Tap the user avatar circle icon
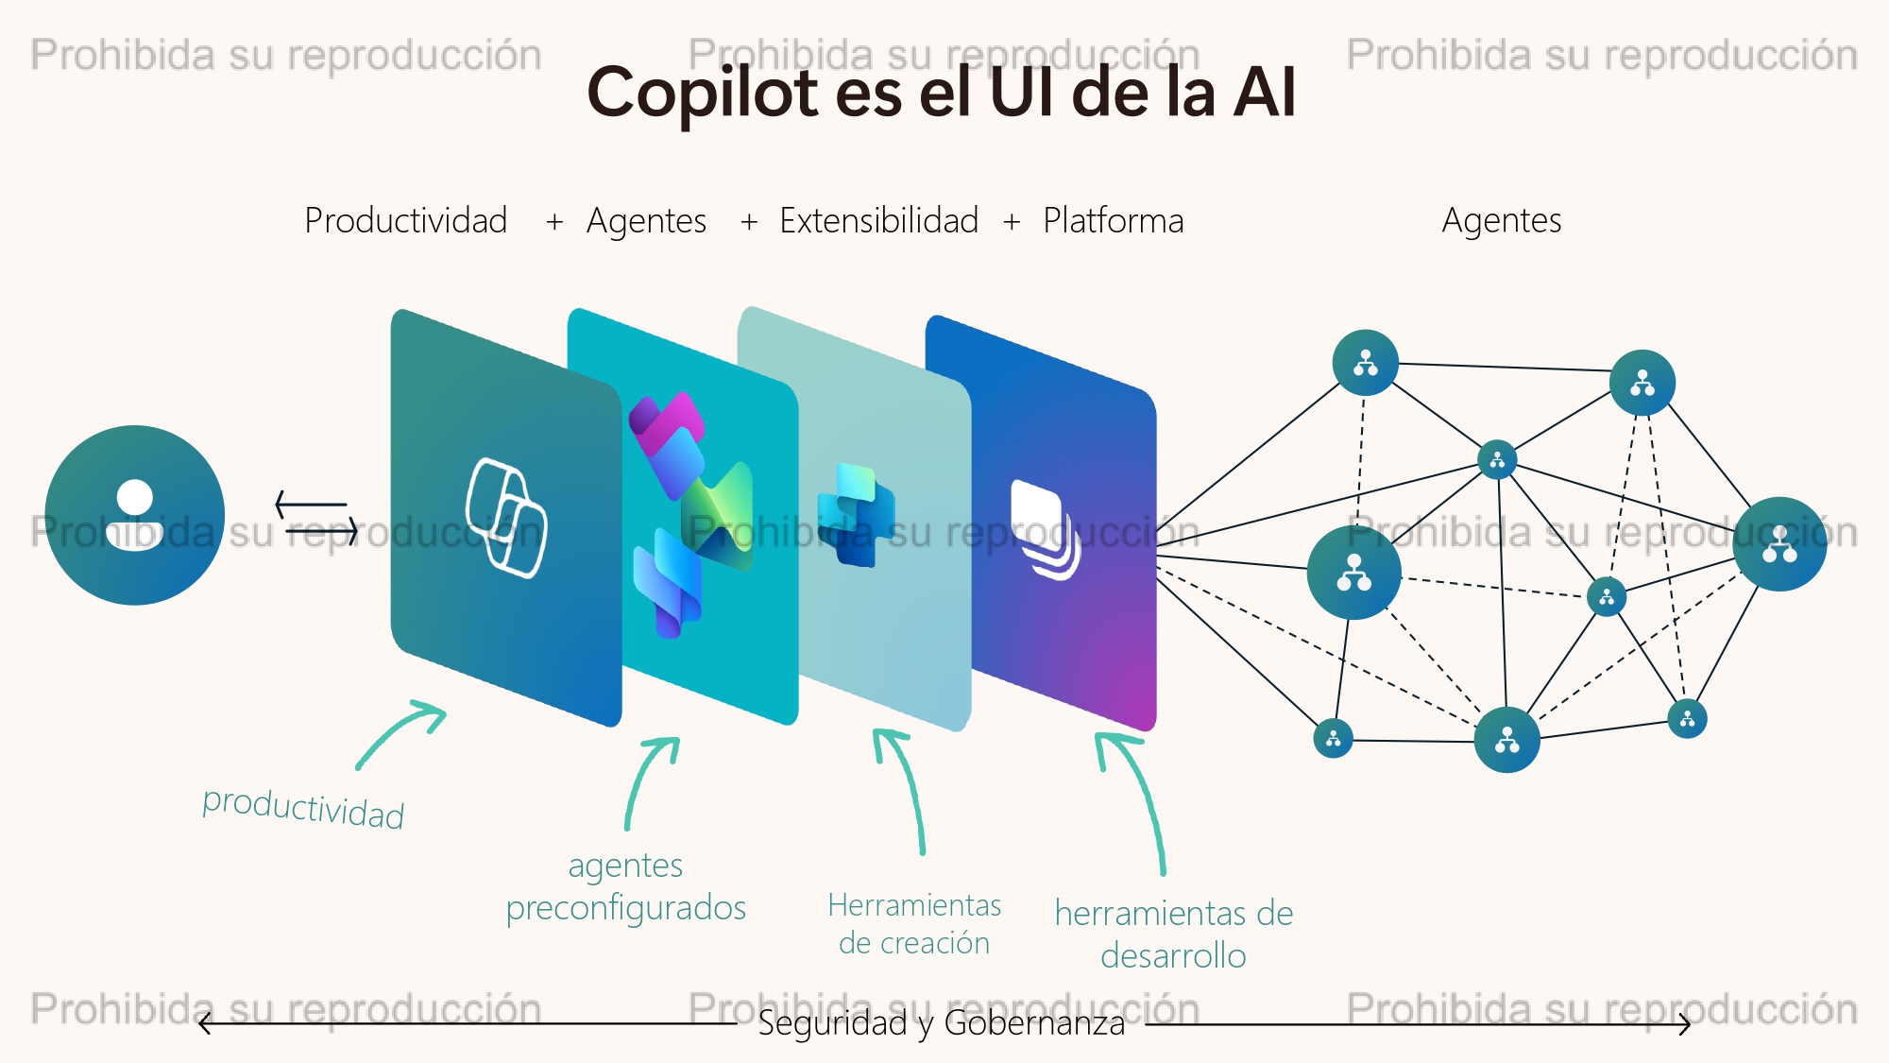(135, 515)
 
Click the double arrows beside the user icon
(317, 518)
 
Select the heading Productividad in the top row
(406, 220)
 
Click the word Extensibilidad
(879, 220)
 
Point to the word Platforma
(1114, 220)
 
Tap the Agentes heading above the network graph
(1502, 220)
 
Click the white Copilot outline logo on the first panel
(506, 517)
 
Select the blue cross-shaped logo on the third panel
(856, 515)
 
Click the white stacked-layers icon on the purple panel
(1046, 529)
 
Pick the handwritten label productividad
(303, 808)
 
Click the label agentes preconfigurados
(626, 886)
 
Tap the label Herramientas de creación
(914, 923)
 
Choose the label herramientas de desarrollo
(1174, 934)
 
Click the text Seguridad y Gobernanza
(942, 1023)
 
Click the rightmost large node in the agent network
(1779, 544)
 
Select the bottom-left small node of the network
(1333, 739)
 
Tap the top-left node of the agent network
(1365, 363)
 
